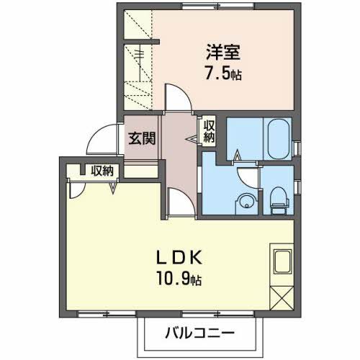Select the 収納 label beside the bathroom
(209, 132)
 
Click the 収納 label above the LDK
(102, 171)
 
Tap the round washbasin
(245, 202)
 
